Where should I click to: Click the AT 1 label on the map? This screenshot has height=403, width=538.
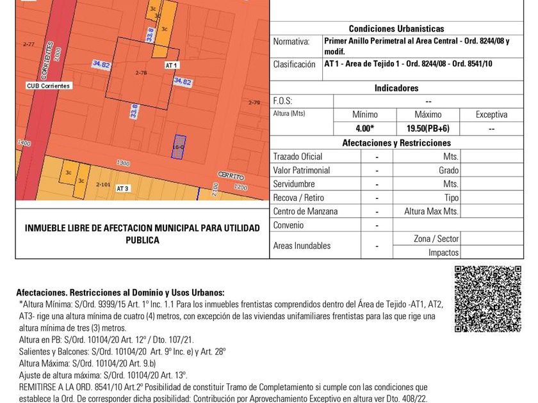171,65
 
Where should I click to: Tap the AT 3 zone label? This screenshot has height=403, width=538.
123,189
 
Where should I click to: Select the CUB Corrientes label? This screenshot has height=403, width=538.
49,86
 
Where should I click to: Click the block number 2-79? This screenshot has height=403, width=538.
254,102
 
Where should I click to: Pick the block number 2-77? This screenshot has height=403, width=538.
28,45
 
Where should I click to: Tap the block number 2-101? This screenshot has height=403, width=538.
103,184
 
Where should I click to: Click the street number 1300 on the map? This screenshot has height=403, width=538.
123,164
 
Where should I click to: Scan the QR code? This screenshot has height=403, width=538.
488,299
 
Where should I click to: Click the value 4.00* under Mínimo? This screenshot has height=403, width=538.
365,129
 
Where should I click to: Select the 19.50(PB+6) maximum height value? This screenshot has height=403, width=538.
428,129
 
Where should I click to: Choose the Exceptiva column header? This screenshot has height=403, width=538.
491,115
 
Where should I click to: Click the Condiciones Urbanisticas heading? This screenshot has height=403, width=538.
396,29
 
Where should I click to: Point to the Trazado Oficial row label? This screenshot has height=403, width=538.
298,157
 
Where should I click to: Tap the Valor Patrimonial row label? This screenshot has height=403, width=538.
302,171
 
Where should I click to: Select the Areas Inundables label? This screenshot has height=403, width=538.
302,246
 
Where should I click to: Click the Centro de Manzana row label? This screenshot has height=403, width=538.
305,212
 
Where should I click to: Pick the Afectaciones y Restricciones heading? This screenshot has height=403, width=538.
396,143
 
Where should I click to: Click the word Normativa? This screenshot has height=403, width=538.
291,42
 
